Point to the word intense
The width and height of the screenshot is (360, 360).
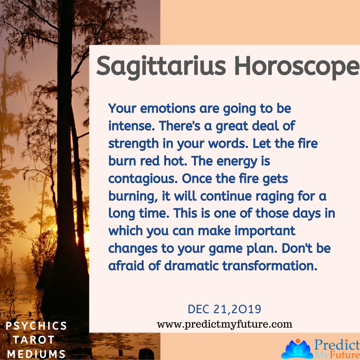(130, 124)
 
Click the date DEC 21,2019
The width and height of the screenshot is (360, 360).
(225, 310)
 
